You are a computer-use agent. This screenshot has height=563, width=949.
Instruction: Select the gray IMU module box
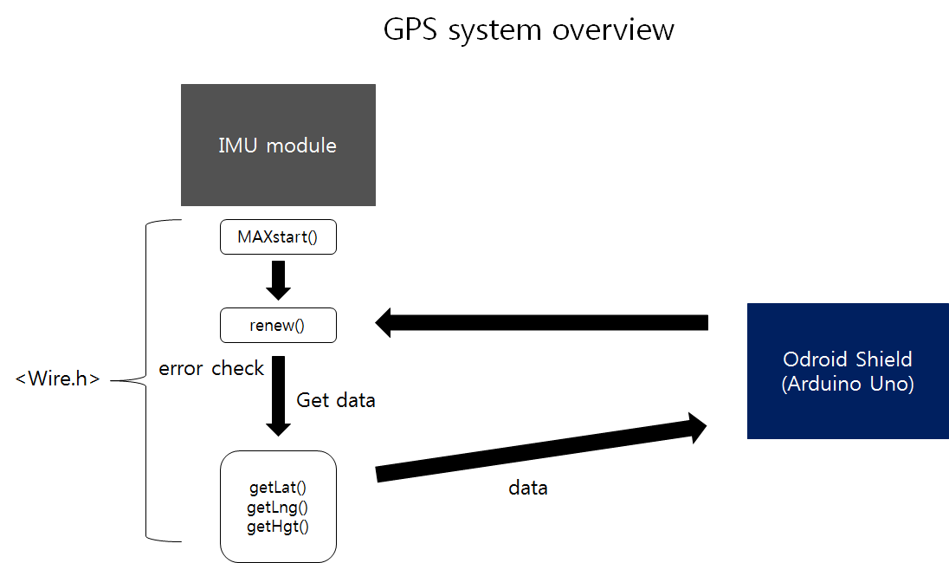coord(278,145)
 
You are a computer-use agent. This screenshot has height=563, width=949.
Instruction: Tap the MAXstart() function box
coord(278,237)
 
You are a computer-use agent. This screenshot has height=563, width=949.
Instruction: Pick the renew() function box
coord(278,325)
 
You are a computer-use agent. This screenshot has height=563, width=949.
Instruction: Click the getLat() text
coord(278,488)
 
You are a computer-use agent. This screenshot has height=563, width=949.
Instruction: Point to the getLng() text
coord(278,507)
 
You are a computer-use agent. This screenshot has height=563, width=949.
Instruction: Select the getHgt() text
coord(278,526)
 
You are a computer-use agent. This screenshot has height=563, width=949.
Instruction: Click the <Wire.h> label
coord(58,379)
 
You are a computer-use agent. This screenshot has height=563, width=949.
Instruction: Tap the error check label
coord(211,369)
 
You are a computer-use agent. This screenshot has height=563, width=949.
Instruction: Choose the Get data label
coord(336,400)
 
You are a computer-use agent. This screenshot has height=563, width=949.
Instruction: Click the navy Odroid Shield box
coord(848,371)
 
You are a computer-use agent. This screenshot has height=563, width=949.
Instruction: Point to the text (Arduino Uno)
coord(848,385)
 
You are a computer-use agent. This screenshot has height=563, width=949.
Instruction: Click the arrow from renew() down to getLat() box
coord(278,394)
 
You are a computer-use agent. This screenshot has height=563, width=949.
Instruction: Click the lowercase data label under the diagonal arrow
coord(527,488)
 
